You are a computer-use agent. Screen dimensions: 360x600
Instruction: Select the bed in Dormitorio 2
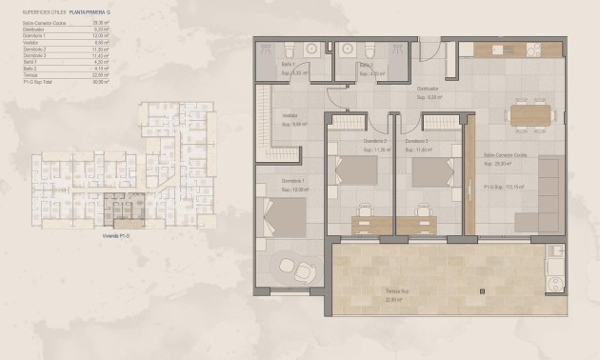(357, 170)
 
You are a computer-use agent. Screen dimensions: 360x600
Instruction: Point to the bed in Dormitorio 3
(433, 170)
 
